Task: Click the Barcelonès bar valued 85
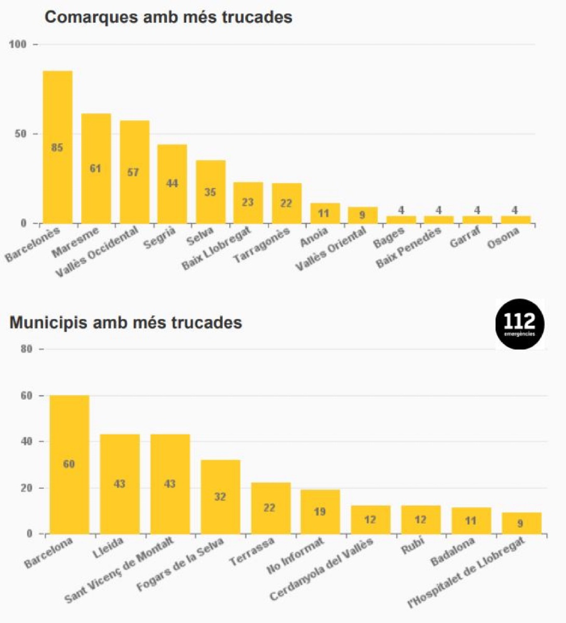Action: [58, 147]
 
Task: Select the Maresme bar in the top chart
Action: [96, 168]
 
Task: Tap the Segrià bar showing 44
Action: [172, 184]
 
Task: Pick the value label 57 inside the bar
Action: [133, 172]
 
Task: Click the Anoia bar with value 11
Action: [325, 213]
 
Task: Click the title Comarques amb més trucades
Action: [169, 17]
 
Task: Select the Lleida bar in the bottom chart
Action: [119, 484]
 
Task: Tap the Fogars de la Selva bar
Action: [220, 497]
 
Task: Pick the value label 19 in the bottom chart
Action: [320, 512]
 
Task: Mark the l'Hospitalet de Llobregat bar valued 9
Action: [521, 523]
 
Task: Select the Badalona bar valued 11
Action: [471, 520]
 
